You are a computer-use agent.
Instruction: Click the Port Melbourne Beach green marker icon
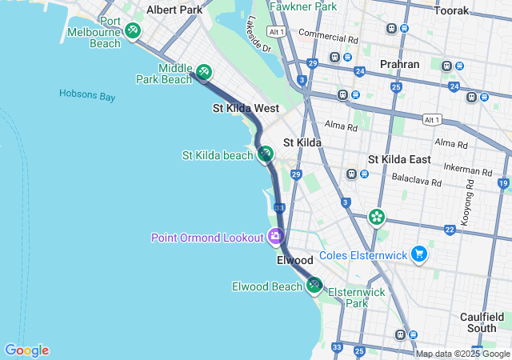click(x=133, y=30)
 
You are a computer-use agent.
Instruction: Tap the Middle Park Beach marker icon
click(x=204, y=72)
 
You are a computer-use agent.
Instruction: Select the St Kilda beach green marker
click(x=265, y=154)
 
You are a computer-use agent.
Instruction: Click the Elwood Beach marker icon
click(x=314, y=284)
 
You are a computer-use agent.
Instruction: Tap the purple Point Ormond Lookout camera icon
click(x=276, y=236)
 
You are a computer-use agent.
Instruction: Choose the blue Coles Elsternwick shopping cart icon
click(x=419, y=254)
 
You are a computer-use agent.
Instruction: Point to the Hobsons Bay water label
click(x=87, y=95)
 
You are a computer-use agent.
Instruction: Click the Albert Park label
click(x=174, y=10)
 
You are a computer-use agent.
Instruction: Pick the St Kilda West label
click(x=245, y=107)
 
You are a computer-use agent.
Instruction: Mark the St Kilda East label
click(x=399, y=159)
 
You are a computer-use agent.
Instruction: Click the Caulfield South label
click(x=482, y=322)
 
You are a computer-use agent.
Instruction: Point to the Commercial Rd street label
click(x=328, y=38)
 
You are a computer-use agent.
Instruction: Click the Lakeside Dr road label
click(x=259, y=35)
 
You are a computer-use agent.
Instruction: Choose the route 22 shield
click(x=450, y=230)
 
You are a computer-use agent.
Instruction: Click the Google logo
click(x=26, y=350)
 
